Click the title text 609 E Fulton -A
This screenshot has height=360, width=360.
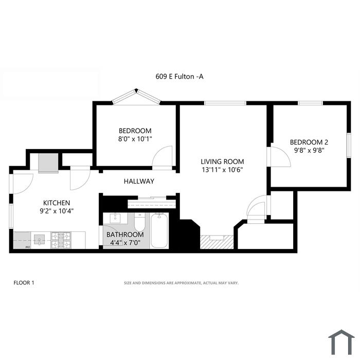(x=179, y=77)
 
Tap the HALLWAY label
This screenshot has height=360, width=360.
(x=139, y=182)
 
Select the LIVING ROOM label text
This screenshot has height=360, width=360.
(x=222, y=161)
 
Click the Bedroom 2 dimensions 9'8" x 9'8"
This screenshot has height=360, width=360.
(x=309, y=151)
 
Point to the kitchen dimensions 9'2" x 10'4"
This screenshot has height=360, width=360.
(x=57, y=211)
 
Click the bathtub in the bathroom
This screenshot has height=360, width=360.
(x=159, y=230)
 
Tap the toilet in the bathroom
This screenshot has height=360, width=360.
(x=139, y=222)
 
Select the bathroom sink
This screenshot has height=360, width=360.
(x=115, y=218)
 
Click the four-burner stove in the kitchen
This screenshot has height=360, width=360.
(x=61, y=240)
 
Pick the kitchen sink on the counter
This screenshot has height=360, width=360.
(x=40, y=240)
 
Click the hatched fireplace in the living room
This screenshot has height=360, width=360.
(x=217, y=242)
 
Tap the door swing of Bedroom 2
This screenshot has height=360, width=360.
(x=281, y=157)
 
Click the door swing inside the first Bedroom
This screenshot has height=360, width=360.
(x=162, y=156)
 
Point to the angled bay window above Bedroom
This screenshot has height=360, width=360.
(x=136, y=97)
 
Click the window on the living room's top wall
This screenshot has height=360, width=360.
(x=225, y=103)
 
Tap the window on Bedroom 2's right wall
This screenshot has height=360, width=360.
(x=349, y=146)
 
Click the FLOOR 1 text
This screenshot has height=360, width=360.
(x=24, y=283)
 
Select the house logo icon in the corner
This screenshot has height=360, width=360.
(x=341, y=342)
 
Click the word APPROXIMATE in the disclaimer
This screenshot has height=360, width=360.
(x=188, y=283)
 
